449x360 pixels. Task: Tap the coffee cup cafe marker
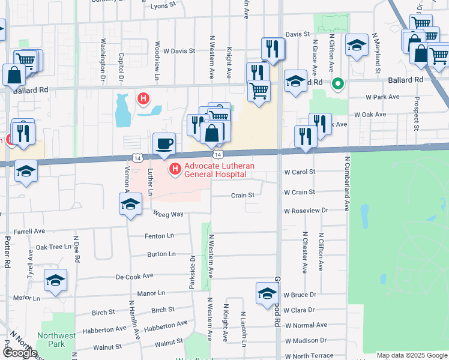[x=164, y=144]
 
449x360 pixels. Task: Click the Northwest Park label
[x=51, y=340]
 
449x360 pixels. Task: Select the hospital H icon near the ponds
[x=143, y=98]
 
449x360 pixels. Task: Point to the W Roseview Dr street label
[x=307, y=211]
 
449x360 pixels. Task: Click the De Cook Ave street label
[x=134, y=277]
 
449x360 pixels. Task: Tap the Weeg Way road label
[x=168, y=214]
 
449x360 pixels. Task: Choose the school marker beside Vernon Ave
[x=130, y=205]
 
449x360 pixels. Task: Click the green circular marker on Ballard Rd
[x=338, y=83]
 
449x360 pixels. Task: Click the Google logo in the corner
[x=20, y=353]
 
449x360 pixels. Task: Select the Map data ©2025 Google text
[x=412, y=355]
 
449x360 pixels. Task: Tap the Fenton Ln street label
[x=159, y=236]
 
